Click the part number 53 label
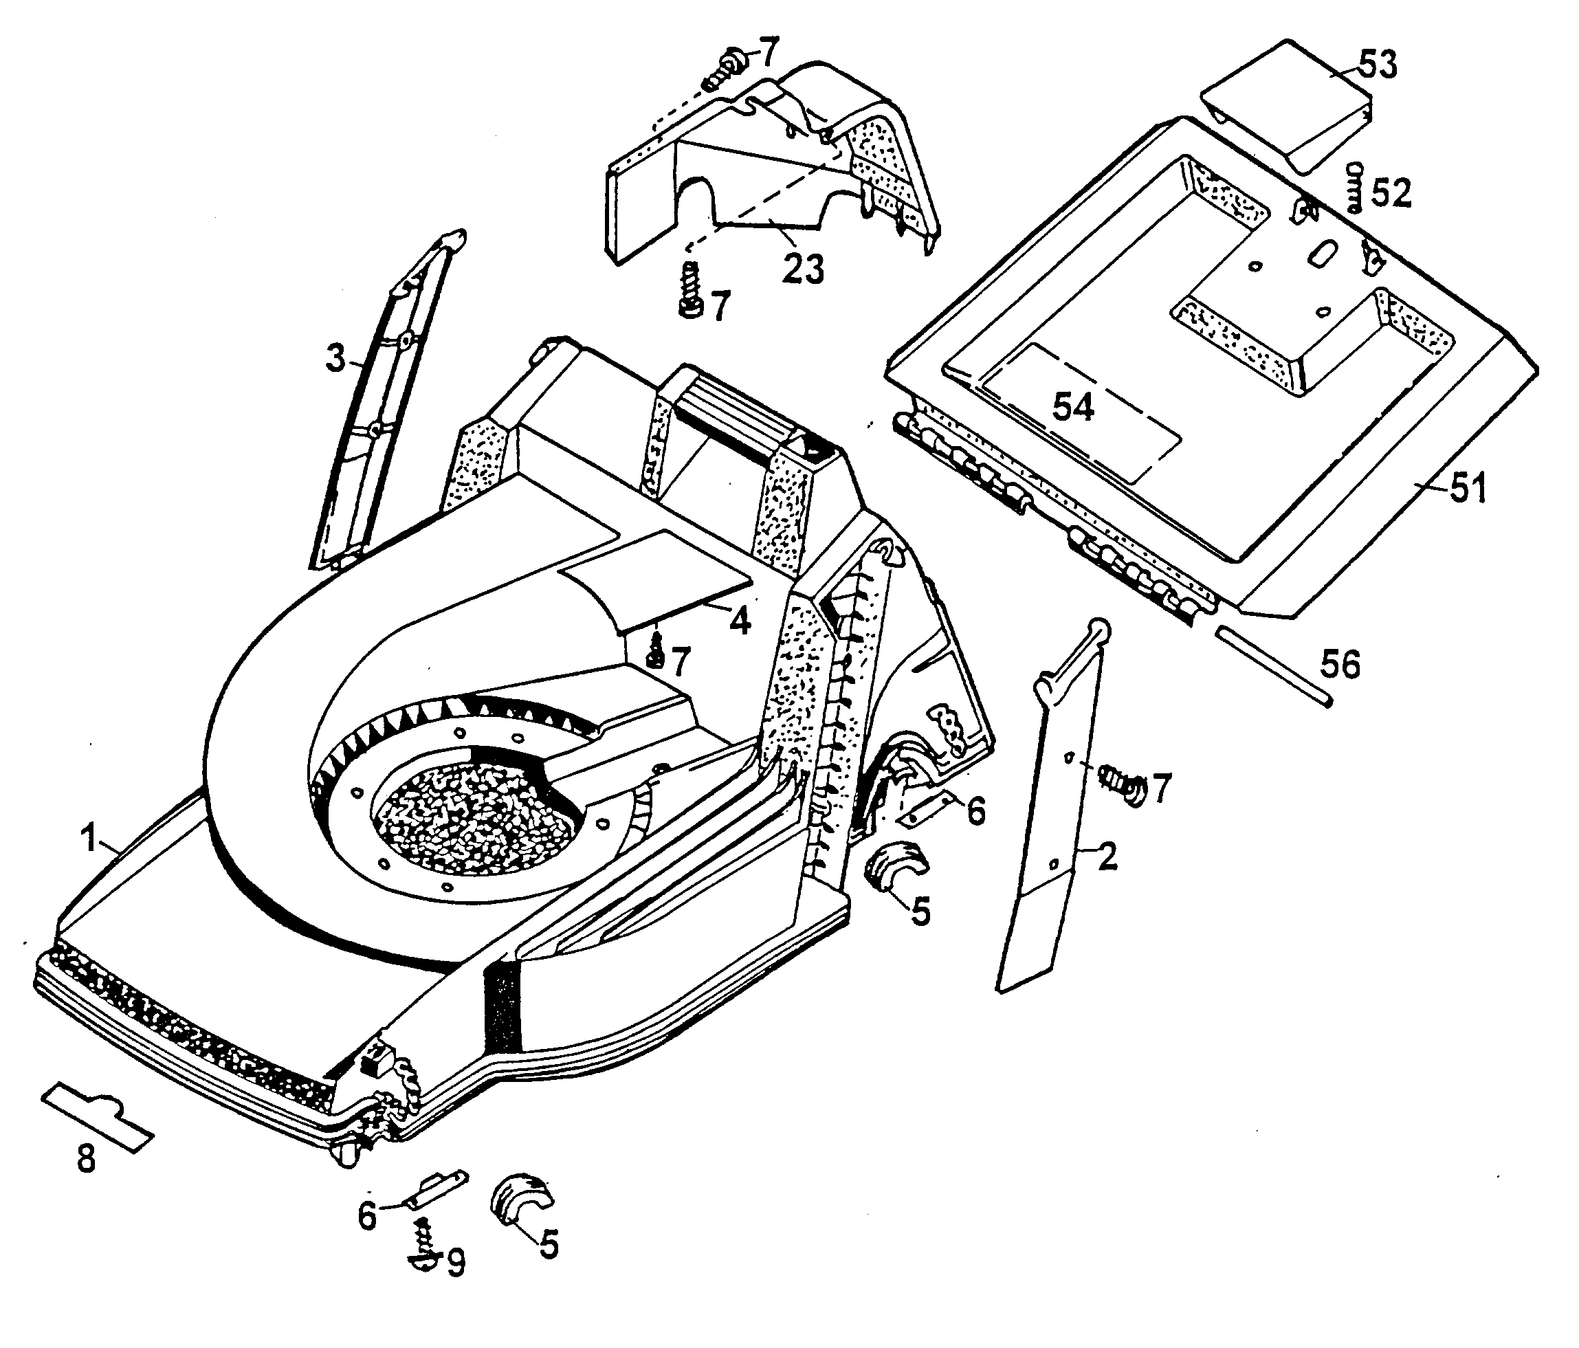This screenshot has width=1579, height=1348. [1378, 65]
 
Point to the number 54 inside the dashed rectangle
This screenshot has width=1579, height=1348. [1073, 407]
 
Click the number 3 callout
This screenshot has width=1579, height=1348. [335, 358]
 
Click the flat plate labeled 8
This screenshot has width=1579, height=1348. [98, 1116]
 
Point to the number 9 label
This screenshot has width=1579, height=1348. [456, 1263]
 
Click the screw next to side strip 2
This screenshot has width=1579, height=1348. [1120, 785]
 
